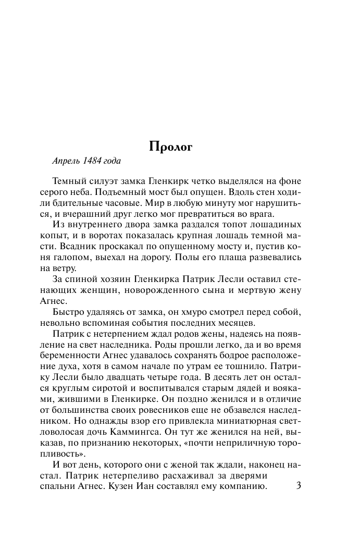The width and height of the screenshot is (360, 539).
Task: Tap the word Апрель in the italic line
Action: (x=66, y=161)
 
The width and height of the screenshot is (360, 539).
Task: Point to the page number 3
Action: (x=298, y=486)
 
